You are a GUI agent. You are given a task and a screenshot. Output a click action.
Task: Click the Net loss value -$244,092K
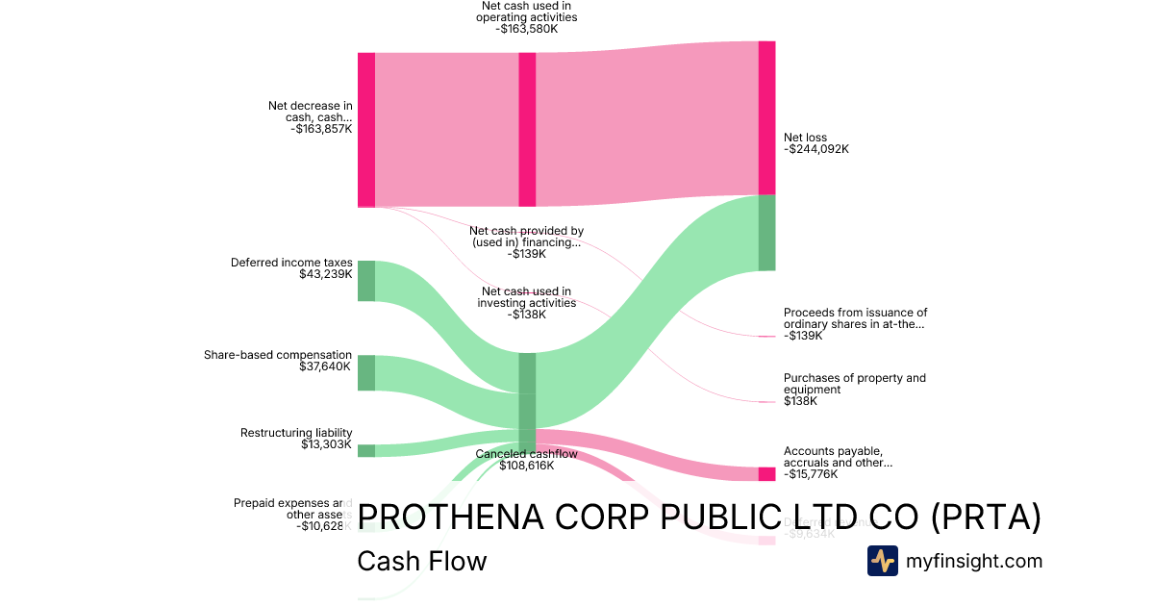point(816,149)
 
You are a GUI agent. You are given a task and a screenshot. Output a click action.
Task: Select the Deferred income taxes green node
point(366,280)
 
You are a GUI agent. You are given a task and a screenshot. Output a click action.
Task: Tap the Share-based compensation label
point(278,355)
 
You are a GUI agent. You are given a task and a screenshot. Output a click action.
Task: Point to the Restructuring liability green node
point(366,450)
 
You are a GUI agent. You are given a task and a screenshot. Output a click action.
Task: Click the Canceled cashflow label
point(526,453)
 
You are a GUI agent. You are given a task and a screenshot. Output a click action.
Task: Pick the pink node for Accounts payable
point(766,473)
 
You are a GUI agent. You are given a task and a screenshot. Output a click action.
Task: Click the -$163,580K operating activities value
point(526,29)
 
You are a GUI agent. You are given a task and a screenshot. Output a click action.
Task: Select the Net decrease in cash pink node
point(366,130)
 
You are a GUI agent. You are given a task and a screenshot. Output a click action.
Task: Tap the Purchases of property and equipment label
point(855,384)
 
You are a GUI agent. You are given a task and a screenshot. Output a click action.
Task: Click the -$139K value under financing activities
point(527,254)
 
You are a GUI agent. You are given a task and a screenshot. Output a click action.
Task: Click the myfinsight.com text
point(974,560)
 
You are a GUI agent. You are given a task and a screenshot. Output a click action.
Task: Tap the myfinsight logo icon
point(883,561)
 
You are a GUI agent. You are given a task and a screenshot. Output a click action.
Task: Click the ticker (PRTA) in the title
point(986,518)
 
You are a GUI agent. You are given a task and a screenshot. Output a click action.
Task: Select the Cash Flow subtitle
point(421,561)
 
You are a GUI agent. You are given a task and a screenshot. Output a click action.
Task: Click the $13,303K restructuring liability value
point(326,444)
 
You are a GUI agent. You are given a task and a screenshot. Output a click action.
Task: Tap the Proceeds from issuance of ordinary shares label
point(855,318)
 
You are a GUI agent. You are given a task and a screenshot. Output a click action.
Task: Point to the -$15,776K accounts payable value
point(811,474)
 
